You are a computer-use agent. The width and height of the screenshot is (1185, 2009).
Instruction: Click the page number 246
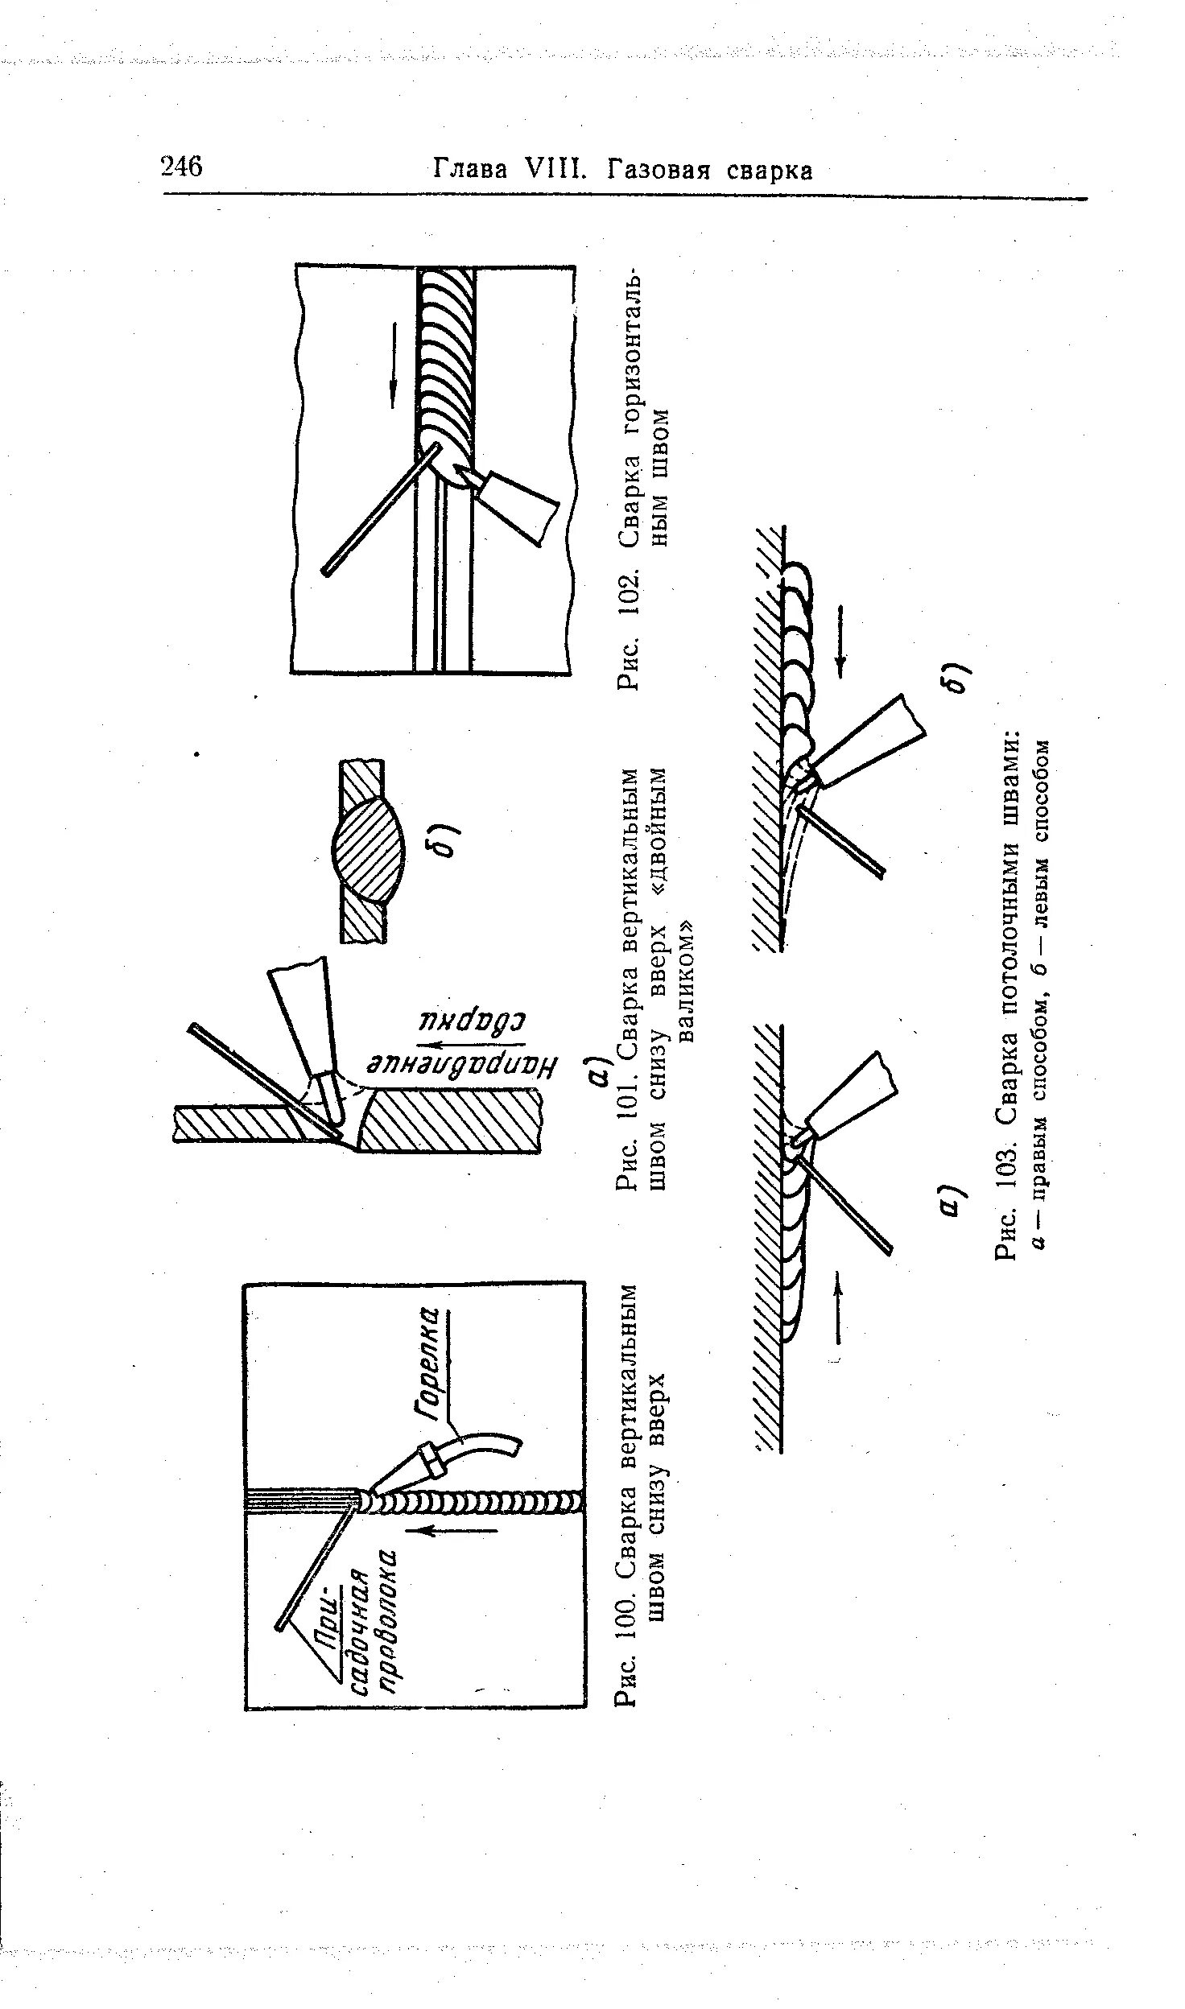tap(182, 167)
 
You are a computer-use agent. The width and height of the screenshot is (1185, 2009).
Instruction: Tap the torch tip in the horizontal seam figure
tap(470, 480)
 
